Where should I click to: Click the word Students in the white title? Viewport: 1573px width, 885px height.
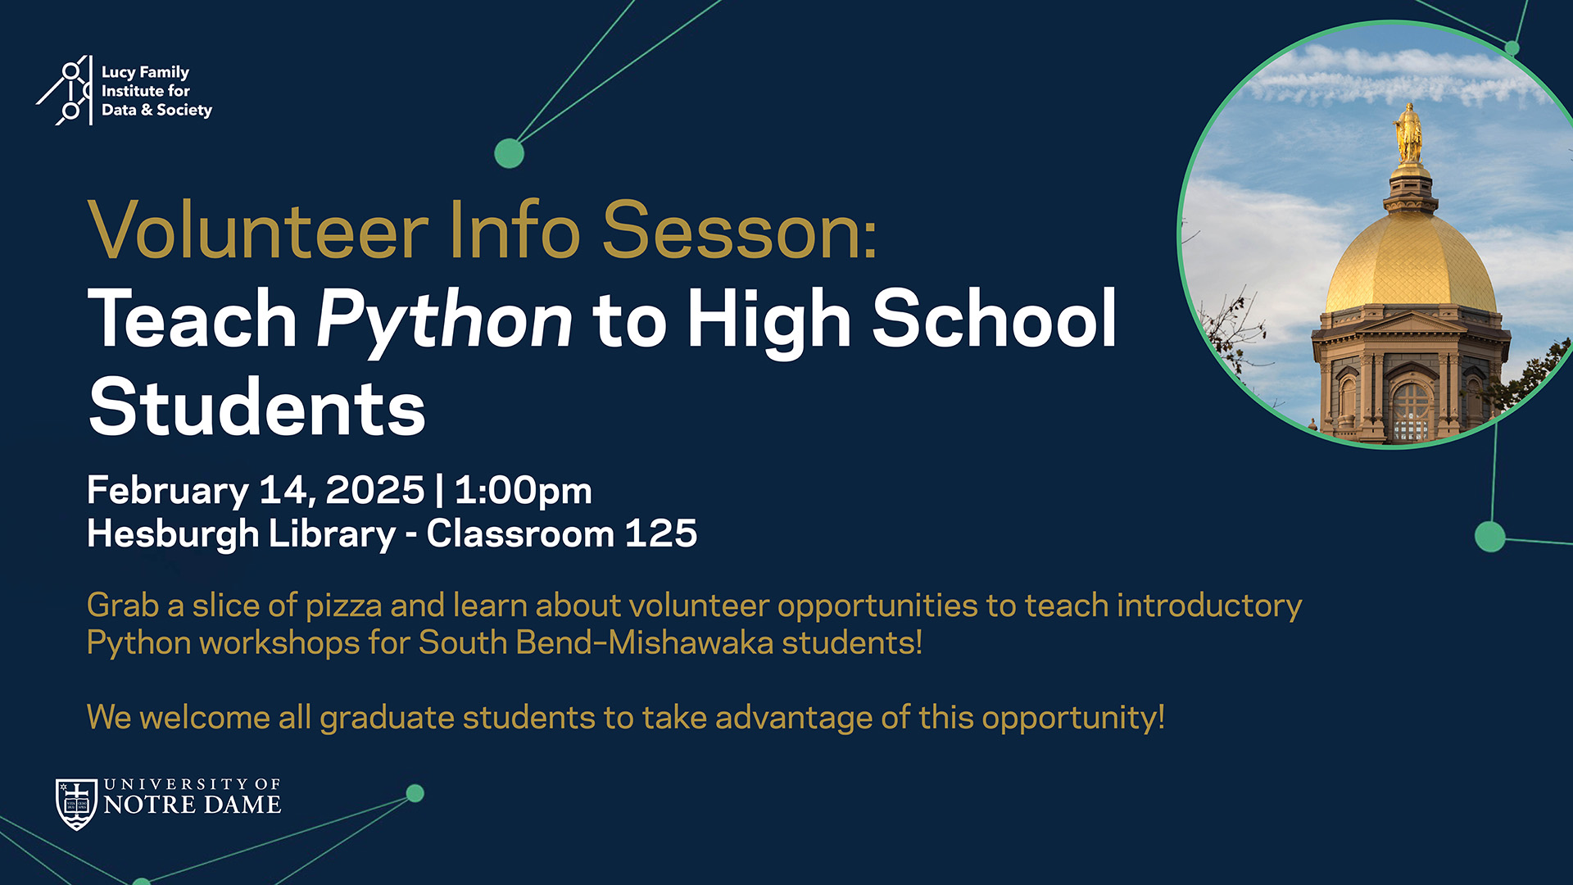click(257, 406)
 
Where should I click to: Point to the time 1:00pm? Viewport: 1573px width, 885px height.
click(523, 491)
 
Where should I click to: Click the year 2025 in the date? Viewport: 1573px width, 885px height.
click(375, 490)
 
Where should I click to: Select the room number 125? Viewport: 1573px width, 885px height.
click(661, 533)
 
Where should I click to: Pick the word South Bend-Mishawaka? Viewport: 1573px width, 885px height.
click(596, 642)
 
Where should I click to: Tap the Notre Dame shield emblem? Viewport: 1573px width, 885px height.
click(76, 804)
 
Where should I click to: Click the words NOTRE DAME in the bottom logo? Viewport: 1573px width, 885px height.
click(193, 805)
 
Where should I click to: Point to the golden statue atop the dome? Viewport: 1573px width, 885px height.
click(1408, 133)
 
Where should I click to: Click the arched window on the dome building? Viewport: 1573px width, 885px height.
click(1411, 413)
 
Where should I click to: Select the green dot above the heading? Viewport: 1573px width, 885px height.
click(509, 153)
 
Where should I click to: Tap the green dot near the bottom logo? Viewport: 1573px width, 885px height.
click(415, 793)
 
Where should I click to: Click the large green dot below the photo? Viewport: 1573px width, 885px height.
click(1490, 537)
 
